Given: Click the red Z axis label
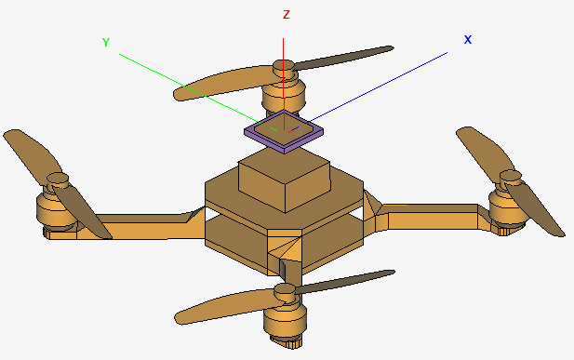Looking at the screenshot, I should coord(287,15).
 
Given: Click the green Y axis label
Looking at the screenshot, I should coord(106,42).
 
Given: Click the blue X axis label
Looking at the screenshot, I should coord(468,40).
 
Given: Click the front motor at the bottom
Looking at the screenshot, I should coord(285,322).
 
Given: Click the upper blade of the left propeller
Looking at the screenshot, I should coord(28,150).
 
